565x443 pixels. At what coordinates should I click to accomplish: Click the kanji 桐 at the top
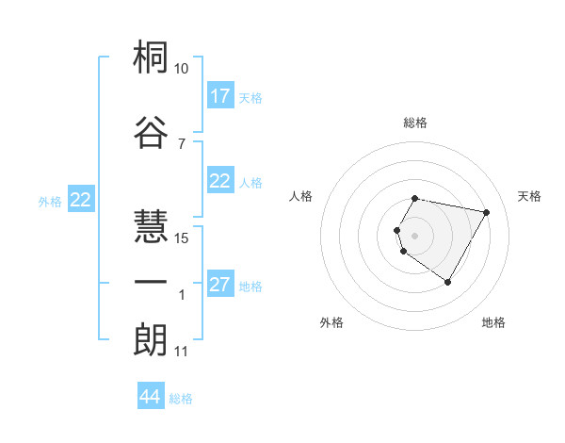point(151,59)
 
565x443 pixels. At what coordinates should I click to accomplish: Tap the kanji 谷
point(151,133)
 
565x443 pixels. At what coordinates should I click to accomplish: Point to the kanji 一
point(151,282)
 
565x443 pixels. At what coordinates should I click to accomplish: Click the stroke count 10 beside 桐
point(181,69)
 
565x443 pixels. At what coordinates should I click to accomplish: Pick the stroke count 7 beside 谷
point(181,143)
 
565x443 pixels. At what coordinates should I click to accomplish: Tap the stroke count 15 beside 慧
point(182,238)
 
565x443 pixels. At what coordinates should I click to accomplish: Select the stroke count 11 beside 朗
point(181,352)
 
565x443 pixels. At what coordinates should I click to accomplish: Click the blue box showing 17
point(220,96)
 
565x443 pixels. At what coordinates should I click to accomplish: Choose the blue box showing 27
point(220,286)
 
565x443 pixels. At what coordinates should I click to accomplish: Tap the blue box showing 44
point(150,398)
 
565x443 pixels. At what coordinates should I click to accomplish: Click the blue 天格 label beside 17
point(250,98)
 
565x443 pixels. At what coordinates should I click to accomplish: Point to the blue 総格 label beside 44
point(181,399)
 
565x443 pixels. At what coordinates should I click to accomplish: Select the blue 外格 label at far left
point(50,201)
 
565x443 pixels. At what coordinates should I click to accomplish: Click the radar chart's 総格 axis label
point(415,123)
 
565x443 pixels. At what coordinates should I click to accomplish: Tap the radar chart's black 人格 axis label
point(300,196)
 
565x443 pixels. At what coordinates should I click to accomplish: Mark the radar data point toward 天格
point(486,212)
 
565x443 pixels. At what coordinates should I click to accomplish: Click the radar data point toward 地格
point(447,283)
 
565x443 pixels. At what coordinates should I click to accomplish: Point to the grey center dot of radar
point(414,234)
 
